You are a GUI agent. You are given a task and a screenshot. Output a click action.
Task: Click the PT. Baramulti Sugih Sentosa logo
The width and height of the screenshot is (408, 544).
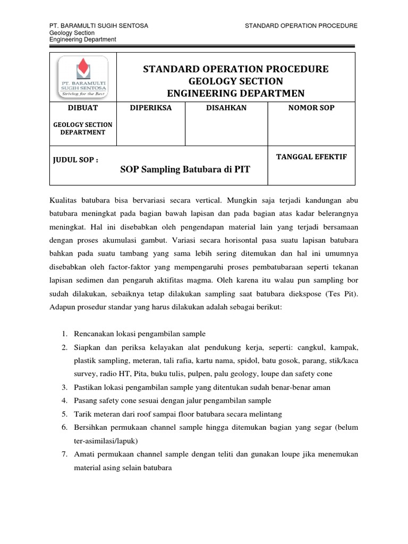(x=82, y=76)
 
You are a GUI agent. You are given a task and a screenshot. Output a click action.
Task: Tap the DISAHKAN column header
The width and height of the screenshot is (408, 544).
(x=226, y=108)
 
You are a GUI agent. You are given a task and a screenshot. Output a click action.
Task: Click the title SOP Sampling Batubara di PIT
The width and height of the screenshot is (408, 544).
(x=185, y=169)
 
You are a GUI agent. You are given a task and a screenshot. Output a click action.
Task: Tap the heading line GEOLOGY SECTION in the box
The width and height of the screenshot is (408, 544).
(x=236, y=81)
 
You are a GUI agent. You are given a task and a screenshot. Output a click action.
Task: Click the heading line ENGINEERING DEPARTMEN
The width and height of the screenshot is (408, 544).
(x=236, y=93)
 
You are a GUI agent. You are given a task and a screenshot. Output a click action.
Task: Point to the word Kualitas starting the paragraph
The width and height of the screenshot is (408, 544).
(x=64, y=200)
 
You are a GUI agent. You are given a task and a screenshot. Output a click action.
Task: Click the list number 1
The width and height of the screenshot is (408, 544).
(x=63, y=334)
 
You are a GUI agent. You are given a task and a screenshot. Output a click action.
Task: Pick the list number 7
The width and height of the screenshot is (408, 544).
(x=63, y=455)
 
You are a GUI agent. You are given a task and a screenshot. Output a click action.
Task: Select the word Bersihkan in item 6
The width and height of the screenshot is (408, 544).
(x=89, y=428)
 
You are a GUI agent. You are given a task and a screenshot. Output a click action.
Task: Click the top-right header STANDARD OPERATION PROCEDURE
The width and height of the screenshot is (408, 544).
(x=301, y=25)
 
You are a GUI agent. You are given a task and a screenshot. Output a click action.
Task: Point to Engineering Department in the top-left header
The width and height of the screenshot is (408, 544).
(x=82, y=39)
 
